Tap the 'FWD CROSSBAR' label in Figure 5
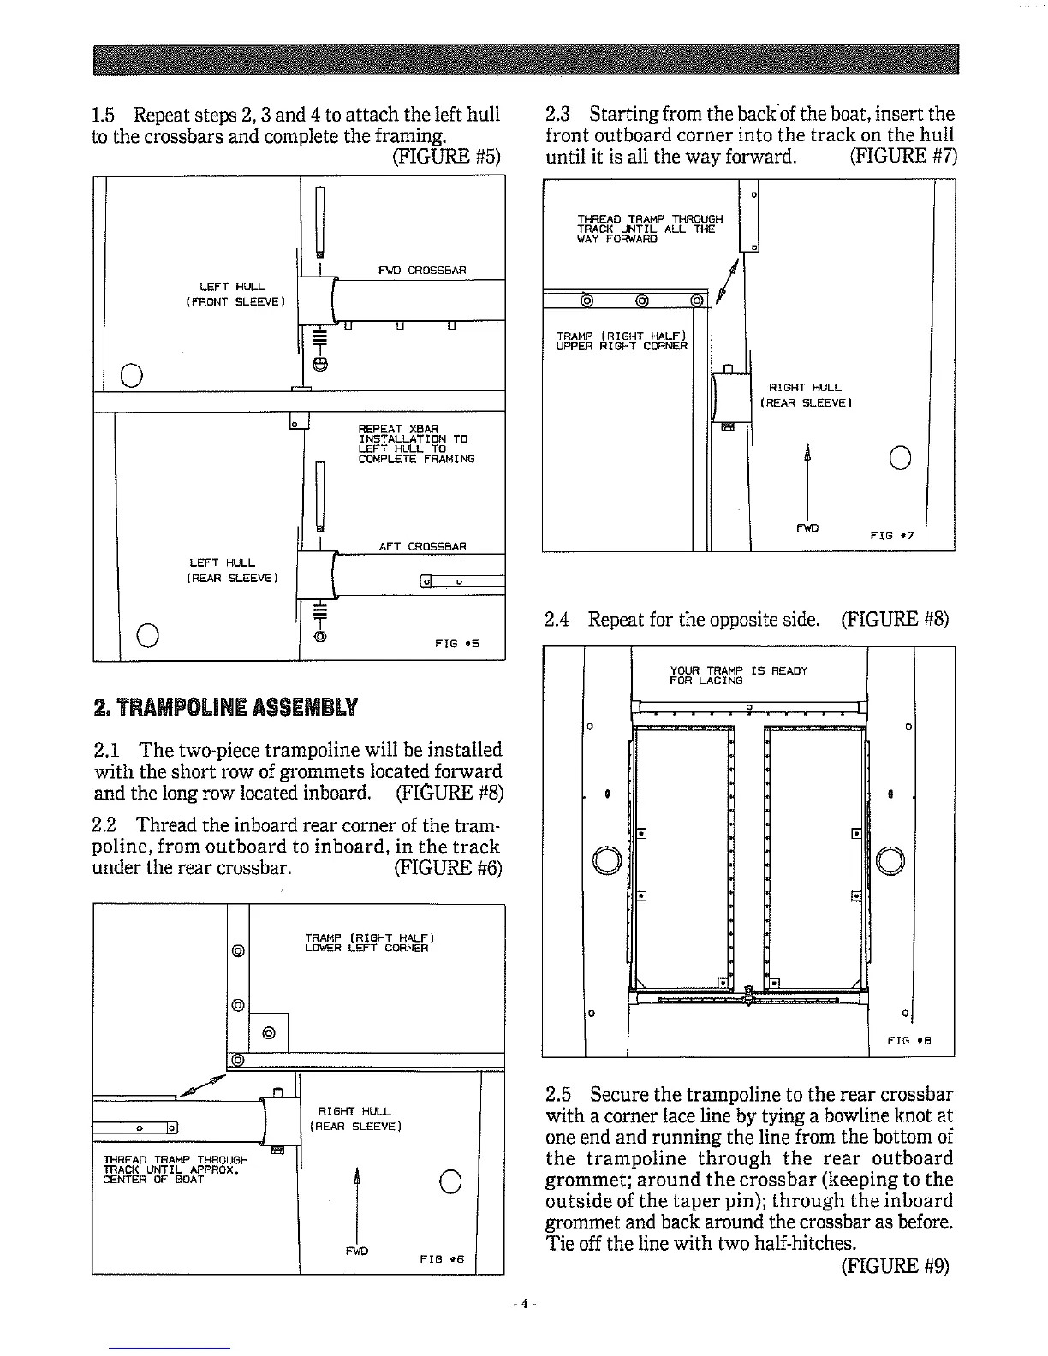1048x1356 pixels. pyautogui.click(x=422, y=271)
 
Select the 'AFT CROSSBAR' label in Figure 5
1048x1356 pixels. pyautogui.click(x=422, y=546)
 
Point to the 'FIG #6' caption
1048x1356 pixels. pyautogui.click(x=442, y=1258)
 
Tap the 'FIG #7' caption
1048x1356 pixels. pyautogui.click(x=892, y=535)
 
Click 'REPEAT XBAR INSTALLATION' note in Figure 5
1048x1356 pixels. pyautogui.click(x=412, y=443)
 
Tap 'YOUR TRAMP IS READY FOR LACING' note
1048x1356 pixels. pyautogui.click(x=738, y=675)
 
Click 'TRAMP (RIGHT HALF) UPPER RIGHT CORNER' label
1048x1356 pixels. pyautogui.click(x=622, y=340)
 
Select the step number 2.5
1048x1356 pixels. pyautogui.click(x=558, y=1095)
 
